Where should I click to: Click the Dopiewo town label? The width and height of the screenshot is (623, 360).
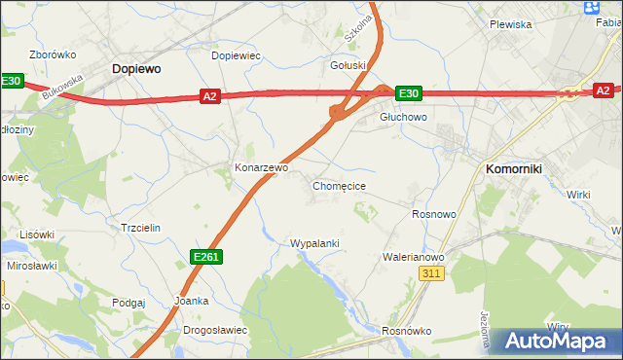(x=136, y=69)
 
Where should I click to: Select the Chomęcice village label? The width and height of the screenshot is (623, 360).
(x=339, y=185)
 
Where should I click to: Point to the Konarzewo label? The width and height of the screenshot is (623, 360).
(x=261, y=167)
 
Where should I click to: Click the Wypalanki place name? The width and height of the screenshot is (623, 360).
(x=314, y=242)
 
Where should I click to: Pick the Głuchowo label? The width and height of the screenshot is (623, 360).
(x=403, y=117)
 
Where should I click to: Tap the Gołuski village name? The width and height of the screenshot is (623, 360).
(x=348, y=66)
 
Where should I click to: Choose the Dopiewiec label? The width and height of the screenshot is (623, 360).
(x=237, y=55)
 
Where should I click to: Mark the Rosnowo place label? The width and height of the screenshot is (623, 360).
(x=434, y=214)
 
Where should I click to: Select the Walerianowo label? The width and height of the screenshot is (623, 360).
(x=414, y=257)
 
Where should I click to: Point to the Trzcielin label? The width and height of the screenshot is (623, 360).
(x=140, y=227)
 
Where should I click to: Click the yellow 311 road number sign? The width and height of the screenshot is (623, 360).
(x=433, y=275)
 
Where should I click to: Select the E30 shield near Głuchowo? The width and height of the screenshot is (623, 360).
(x=408, y=93)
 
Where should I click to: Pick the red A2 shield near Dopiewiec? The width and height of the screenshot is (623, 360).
(x=210, y=95)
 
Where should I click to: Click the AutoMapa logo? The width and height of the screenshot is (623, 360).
(x=559, y=342)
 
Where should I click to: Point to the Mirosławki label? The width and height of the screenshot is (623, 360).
(x=31, y=265)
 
